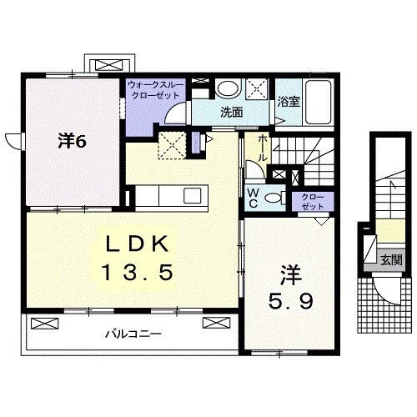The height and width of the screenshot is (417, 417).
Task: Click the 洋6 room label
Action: pyautogui.click(x=73, y=142)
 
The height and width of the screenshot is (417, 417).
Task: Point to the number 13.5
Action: pyautogui.click(x=138, y=271)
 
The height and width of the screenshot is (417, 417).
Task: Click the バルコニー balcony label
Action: pyautogui.click(x=133, y=334)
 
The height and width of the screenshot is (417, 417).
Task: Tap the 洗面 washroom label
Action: pyautogui.click(x=231, y=112)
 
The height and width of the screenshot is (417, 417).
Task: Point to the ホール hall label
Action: pyautogui.click(x=263, y=148)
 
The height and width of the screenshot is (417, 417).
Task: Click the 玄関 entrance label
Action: pyautogui.click(x=390, y=259)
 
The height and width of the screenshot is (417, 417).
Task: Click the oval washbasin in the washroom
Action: pyautogui.click(x=225, y=89)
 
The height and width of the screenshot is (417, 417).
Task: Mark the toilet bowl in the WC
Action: pyautogui.click(x=282, y=197)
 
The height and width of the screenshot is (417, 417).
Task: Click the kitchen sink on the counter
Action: pyautogui.click(x=192, y=196)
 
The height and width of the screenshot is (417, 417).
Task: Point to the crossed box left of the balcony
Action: pyautogui.click(x=46, y=321)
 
